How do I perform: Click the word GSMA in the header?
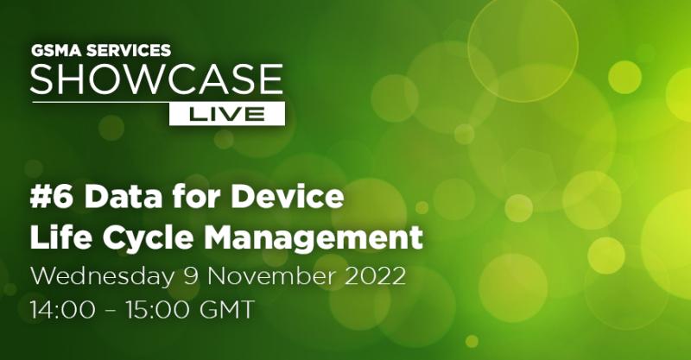coord(56,51)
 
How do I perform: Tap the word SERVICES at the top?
coord(128,51)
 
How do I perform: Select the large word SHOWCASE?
coord(156,79)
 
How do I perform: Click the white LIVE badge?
coord(227,114)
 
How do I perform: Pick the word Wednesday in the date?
coord(102,278)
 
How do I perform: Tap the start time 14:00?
coord(62,309)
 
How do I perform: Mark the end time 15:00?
coord(158,309)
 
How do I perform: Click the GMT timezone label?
coord(227,309)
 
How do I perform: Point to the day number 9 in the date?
coord(190,277)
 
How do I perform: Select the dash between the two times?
coord(111,310)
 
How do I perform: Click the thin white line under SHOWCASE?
coord(101,102)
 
